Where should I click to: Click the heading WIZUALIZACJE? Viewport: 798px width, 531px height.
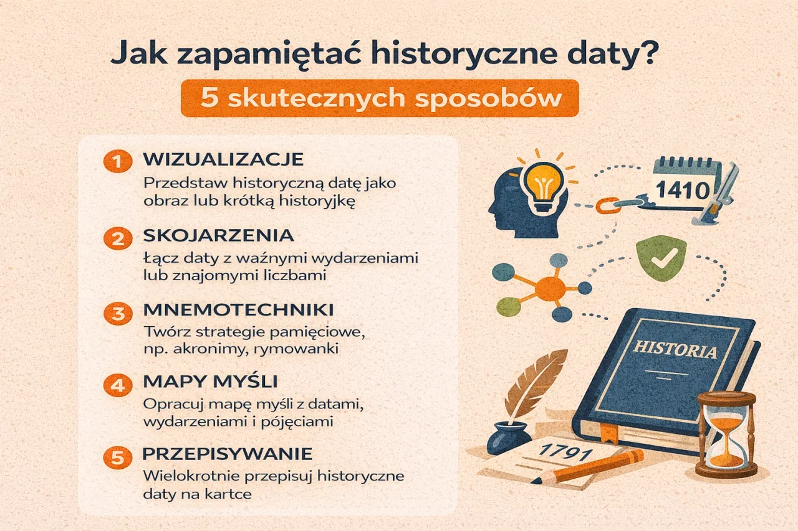pos(223,159)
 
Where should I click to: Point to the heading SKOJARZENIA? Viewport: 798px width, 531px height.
pos(218,235)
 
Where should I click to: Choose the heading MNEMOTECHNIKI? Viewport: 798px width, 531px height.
pos(238,309)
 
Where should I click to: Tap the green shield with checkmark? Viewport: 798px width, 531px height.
pos(661,260)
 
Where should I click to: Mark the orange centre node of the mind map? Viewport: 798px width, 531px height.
pos(549,288)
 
